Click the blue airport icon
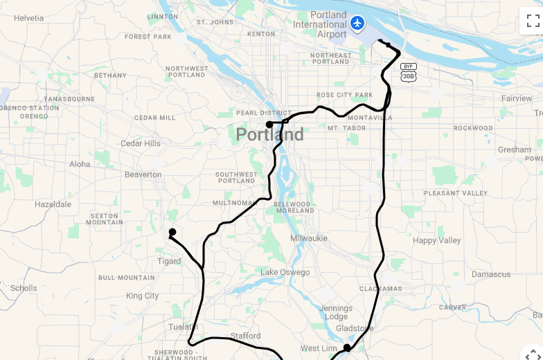(x=357, y=24)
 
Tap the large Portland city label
(x=269, y=134)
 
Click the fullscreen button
(x=532, y=21)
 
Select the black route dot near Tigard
(x=172, y=232)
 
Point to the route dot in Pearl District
(x=269, y=125)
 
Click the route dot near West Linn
(x=347, y=348)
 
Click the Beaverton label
(x=143, y=174)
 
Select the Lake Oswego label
(x=285, y=272)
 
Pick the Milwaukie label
(x=309, y=237)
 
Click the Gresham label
(x=514, y=150)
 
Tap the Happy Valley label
(x=436, y=240)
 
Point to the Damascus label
(x=491, y=274)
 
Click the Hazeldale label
(x=53, y=204)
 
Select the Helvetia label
(x=28, y=18)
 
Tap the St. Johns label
(x=215, y=22)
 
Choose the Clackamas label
(x=380, y=288)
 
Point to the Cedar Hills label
(x=141, y=143)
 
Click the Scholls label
(x=24, y=288)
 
